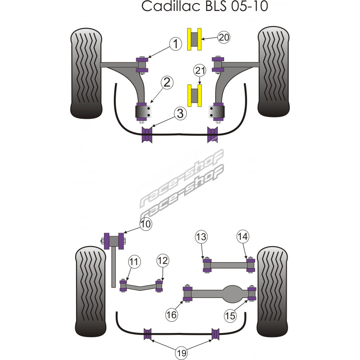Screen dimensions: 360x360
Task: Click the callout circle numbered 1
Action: click(175, 44)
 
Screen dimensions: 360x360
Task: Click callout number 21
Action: click(200, 70)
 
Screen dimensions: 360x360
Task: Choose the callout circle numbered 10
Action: click(145, 224)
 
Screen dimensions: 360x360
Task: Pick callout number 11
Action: click(134, 261)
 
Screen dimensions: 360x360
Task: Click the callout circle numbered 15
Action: click(230, 316)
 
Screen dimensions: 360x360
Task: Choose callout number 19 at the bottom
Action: click(181, 353)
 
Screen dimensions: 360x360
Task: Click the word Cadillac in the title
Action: click(164, 8)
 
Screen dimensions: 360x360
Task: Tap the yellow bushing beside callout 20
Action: click(194, 39)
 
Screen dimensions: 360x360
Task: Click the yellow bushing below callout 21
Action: click(194, 96)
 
